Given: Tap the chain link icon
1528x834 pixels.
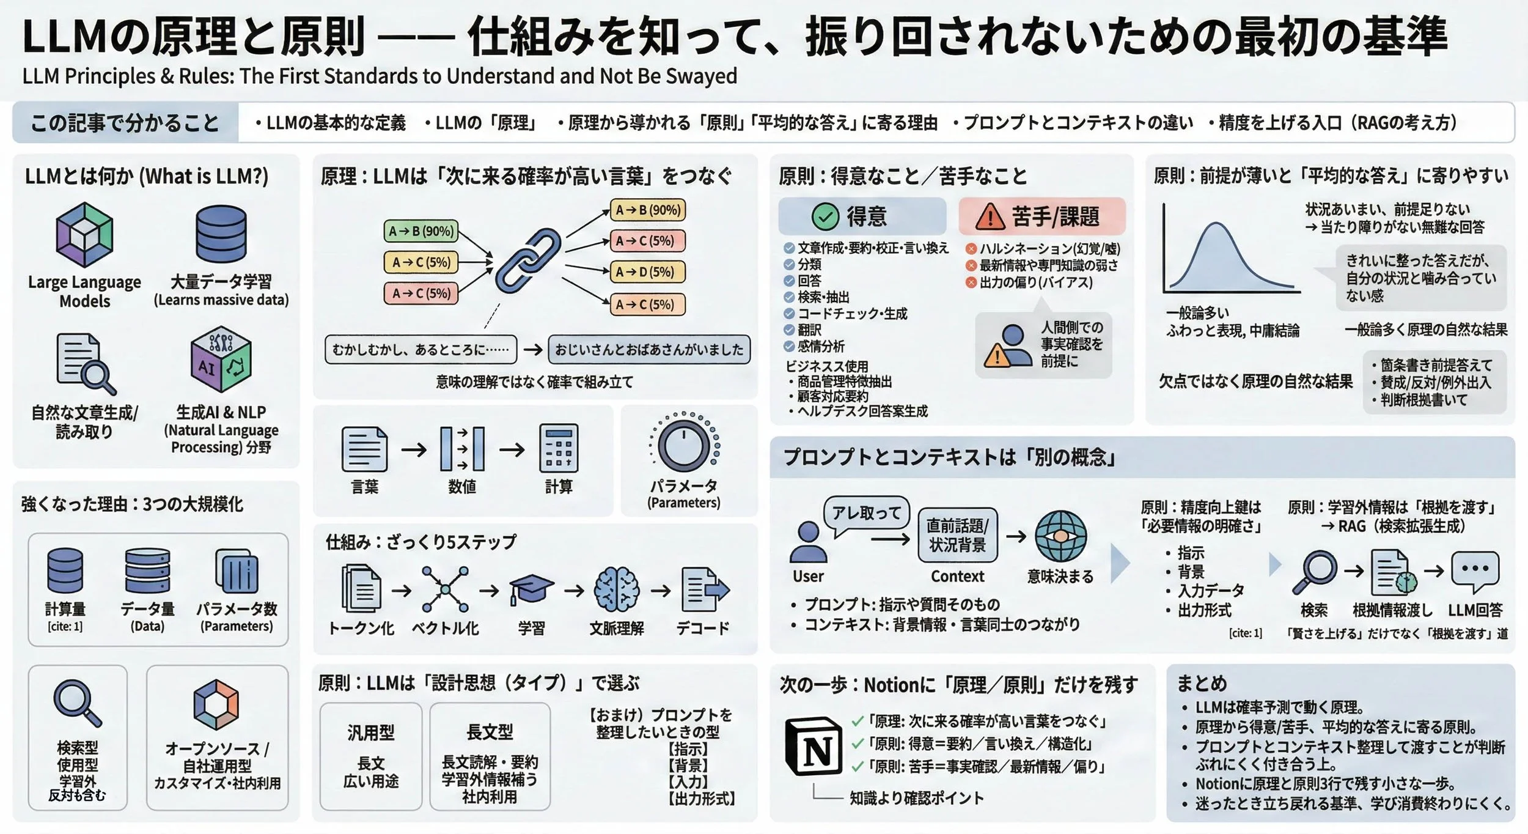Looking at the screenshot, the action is coord(527,260).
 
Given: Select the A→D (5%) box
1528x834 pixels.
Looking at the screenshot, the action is coord(647,271).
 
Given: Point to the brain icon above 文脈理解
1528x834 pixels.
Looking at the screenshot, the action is coord(616,589).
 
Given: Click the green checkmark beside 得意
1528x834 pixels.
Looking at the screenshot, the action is coord(825,216).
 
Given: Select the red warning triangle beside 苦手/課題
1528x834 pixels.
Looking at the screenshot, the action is coord(990,216).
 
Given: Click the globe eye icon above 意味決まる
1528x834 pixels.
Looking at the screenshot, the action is coord(1060,536).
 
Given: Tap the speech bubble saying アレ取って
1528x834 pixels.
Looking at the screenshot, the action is coord(867,512).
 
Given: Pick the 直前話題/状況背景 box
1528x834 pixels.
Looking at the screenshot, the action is coord(957,535).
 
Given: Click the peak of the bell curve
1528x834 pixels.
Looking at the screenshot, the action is coord(1216,225).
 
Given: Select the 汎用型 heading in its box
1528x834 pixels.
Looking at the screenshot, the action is coord(370,733).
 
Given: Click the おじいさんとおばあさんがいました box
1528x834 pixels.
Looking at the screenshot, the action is coord(648,349).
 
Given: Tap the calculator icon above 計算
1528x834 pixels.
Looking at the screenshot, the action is coord(558,449).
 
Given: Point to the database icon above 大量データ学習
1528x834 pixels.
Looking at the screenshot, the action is coord(221,234).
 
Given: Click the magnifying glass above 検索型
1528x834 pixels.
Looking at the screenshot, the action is coord(77,703).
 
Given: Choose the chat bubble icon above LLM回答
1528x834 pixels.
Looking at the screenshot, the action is coord(1475,571).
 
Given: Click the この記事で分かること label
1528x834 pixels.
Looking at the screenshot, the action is coord(125,123).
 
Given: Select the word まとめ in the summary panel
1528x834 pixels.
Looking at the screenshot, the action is coord(1202,683).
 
